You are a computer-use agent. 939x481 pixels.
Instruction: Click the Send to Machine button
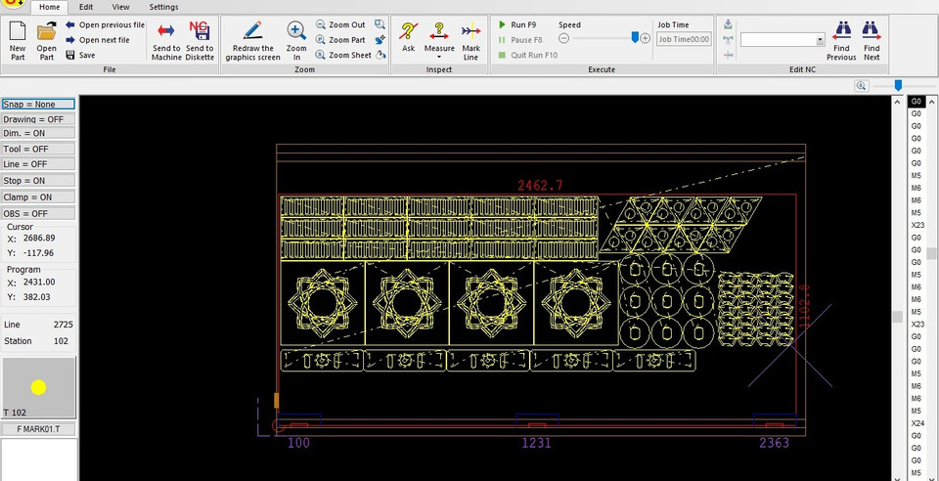tap(166, 38)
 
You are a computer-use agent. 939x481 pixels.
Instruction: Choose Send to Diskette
tap(200, 38)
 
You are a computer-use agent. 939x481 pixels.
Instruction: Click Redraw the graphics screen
tap(252, 39)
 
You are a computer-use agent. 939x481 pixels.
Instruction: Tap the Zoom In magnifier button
tap(296, 39)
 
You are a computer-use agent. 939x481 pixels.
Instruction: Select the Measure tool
tap(439, 38)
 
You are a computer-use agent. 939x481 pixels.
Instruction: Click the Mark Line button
tap(470, 38)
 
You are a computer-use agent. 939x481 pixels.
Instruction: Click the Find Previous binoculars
tap(841, 39)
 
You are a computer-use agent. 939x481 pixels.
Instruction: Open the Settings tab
tap(163, 7)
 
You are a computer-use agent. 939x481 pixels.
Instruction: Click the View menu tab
tap(120, 7)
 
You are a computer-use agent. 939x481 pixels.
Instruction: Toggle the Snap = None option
tap(38, 104)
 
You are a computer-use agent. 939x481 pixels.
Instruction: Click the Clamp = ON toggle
tap(38, 197)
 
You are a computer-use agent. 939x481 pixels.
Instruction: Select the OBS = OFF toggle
tap(38, 213)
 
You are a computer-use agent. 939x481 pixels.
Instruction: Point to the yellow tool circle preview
tap(38, 387)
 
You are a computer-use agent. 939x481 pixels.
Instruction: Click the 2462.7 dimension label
tap(540, 185)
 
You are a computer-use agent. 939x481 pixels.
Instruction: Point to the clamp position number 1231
tap(535, 443)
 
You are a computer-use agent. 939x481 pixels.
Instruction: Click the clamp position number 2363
tap(774, 443)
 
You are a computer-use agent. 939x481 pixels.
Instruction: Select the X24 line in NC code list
tap(917, 423)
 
